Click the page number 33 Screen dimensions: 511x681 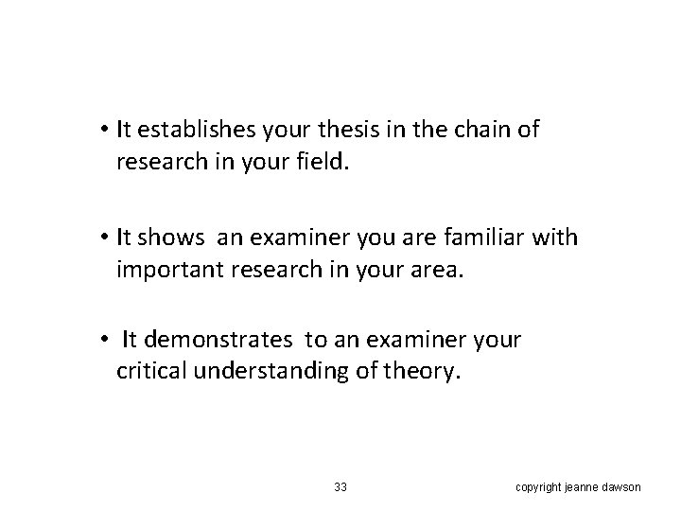click(x=340, y=487)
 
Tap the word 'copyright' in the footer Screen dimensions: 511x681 click(x=537, y=487)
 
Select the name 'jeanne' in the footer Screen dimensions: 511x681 click(x=582, y=487)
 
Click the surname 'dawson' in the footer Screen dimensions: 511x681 click(x=622, y=487)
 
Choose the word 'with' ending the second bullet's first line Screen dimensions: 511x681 click(x=555, y=237)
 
